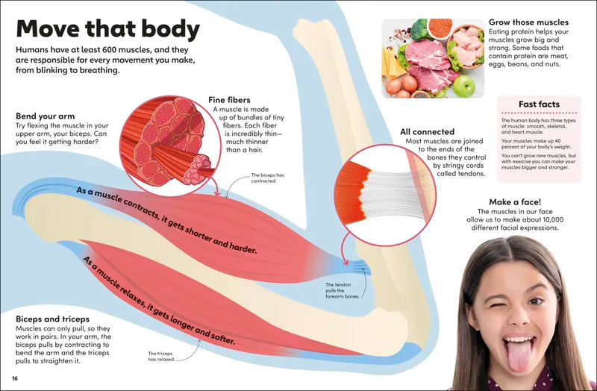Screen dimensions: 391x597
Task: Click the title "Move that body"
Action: tap(108, 30)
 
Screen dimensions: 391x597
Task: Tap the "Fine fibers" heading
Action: tap(229, 100)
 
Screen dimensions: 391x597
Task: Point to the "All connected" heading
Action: tap(427, 132)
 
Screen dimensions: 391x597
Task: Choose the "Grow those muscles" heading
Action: tap(528, 22)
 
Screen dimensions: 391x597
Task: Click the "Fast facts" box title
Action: tap(539, 104)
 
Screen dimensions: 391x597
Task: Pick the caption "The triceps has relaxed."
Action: tap(162, 356)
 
